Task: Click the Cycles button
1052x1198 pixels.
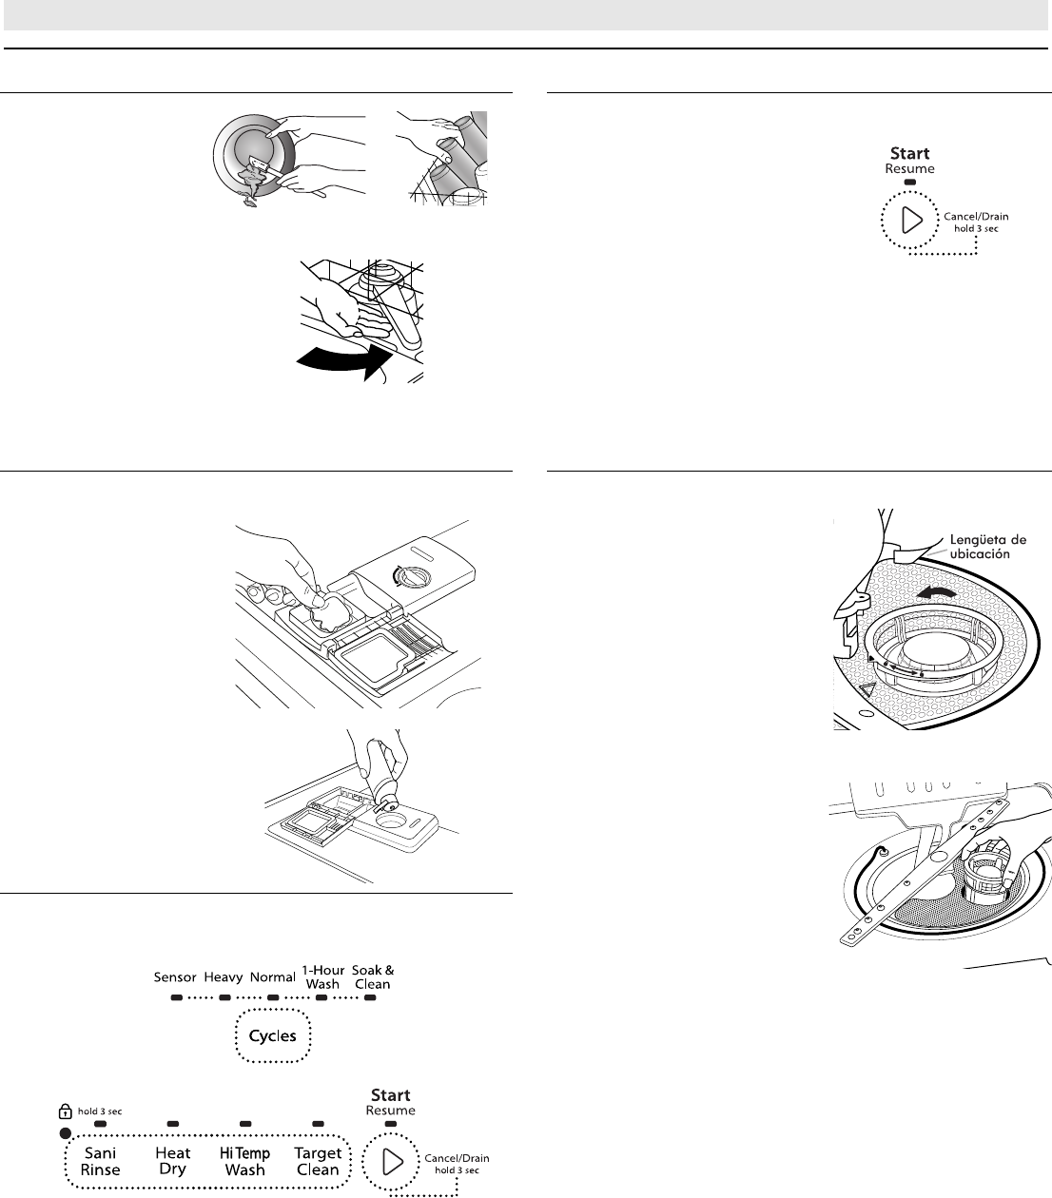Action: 272,1035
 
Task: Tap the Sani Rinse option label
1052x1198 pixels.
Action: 100,1161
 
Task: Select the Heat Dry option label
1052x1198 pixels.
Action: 173,1160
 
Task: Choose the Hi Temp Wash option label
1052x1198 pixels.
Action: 244,1161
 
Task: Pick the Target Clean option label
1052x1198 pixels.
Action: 318,1161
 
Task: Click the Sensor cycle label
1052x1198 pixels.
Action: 175,976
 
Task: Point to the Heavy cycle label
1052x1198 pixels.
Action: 224,977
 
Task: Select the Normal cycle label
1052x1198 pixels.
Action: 272,976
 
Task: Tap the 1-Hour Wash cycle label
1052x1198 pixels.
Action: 323,976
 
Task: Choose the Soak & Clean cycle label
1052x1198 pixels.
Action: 373,976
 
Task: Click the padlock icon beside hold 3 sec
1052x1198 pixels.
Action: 65,1111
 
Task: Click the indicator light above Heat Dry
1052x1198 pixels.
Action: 173,1124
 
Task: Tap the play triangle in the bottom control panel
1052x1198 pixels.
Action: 392,1161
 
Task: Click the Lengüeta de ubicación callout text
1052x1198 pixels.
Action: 987,547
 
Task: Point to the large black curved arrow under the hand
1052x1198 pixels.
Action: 344,359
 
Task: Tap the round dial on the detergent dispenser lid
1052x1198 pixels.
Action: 411,576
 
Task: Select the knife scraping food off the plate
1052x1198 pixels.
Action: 265,166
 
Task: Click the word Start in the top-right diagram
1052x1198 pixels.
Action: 909,153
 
